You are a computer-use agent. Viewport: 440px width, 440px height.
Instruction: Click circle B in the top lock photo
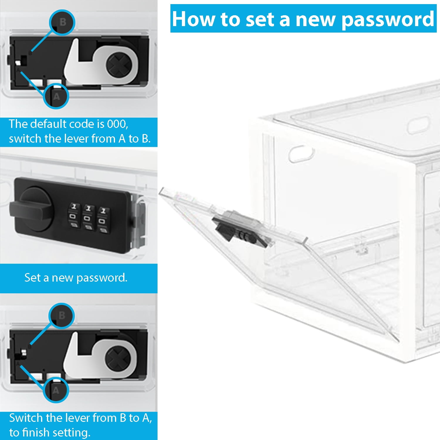[62, 22]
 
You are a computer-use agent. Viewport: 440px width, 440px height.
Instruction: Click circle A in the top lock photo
[56, 96]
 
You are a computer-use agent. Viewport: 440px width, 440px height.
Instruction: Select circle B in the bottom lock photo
[62, 316]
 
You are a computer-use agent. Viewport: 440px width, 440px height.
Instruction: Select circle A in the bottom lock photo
[56, 390]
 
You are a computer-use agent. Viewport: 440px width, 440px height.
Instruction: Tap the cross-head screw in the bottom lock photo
[118, 358]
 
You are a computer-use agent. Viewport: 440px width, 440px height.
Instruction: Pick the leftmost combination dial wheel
[74, 216]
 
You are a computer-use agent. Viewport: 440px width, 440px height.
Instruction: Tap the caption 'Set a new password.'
[76, 278]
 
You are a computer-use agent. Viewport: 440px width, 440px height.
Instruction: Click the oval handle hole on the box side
[301, 153]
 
